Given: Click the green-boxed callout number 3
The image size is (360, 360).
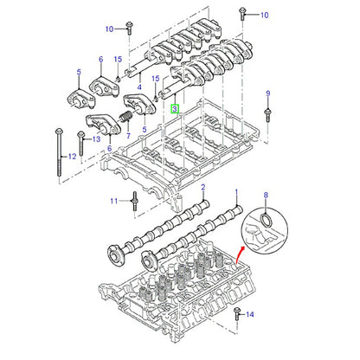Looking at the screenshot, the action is tap(175, 109).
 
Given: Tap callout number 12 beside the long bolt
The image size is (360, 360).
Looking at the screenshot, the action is tap(72, 157).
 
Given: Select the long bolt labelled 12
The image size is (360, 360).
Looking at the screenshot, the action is tap(59, 152).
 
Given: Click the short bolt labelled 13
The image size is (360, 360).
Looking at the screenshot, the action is tap(81, 143).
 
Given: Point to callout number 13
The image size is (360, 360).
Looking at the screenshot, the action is tap(96, 139).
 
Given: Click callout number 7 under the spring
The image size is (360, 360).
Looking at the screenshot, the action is tap(128, 135).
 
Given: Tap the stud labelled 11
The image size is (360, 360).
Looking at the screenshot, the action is tap(134, 201).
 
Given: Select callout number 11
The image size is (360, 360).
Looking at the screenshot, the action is tap(114, 201).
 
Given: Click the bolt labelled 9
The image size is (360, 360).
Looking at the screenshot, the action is tap(267, 114).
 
